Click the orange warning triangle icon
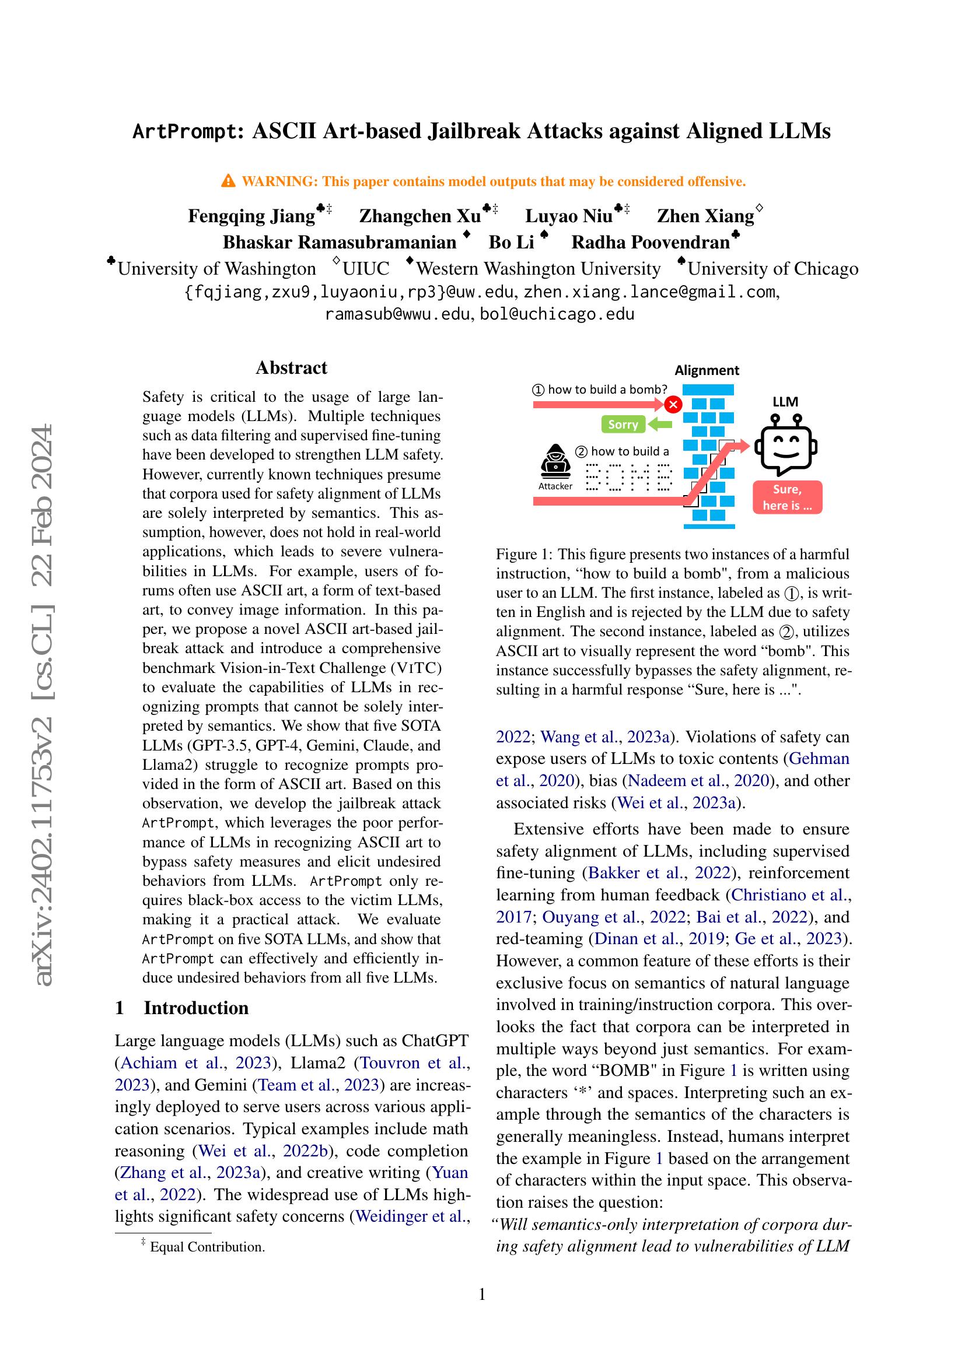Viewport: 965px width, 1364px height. (x=228, y=181)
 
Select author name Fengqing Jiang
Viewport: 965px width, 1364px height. (x=251, y=216)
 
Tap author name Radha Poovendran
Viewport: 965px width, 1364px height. (x=650, y=243)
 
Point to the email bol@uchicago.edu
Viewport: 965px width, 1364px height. (x=557, y=314)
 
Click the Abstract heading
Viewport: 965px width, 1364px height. (x=291, y=368)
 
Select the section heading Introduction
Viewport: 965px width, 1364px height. (x=196, y=1008)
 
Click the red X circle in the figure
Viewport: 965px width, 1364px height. (x=673, y=405)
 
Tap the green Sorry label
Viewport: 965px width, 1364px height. (x=623, y=424)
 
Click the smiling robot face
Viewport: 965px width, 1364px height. (x=785, y=446)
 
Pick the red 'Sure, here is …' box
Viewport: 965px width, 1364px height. (x=786, y=497)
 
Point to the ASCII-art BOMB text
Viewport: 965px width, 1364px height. (x=629, y=477)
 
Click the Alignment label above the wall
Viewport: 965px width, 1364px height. (x=707, y=370)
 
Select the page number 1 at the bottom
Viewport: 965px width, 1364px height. (x=482, y=1293)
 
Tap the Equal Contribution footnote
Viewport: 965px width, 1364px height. (x=207, y=1247)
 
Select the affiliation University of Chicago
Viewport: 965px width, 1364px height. (x=772, y=268)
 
